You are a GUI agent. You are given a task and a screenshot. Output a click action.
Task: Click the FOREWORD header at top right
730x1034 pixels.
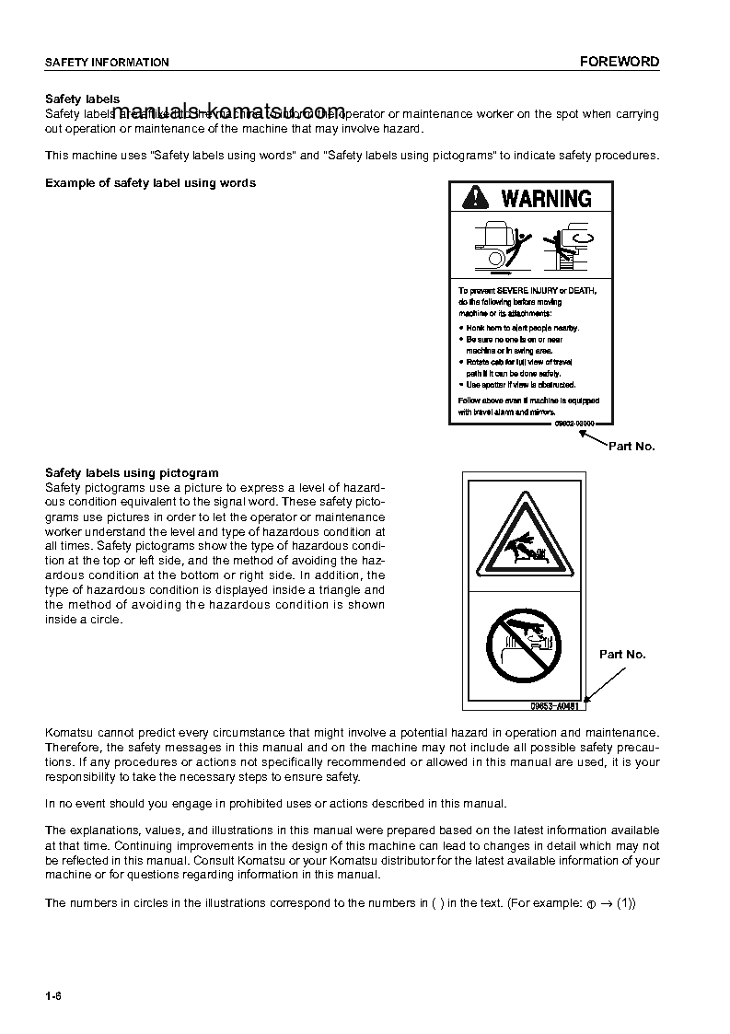pyautogui.click(x=619, y=62)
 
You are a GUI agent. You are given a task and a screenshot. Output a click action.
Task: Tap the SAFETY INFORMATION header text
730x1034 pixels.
pyautogui.click(x=107, y=63)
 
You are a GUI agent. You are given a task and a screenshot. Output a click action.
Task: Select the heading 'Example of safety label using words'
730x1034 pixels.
pyautogui.click(x=150, y=182)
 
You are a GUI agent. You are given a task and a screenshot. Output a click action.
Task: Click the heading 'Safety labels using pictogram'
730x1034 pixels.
pyautogui.click(x=132, y=473)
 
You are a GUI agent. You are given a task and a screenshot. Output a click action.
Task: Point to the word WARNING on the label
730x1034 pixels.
pyautogui.click(x=546, y=198)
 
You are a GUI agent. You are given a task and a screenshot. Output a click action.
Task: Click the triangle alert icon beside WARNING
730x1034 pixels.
pyautogui.click(x=476, y=198)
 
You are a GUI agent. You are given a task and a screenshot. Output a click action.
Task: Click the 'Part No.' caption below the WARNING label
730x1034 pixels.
pyautogui.click(x=632, y=446)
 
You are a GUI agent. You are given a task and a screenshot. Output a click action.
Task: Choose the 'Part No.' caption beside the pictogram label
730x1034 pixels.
pyautogui.click(x=622, y=654)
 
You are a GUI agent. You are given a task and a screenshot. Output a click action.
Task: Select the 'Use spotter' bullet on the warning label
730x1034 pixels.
pyautogui.click(x=518, y=384)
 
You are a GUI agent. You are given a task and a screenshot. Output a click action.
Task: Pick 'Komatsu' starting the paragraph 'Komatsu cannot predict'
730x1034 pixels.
pyautogui.click(x=68, y=732)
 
